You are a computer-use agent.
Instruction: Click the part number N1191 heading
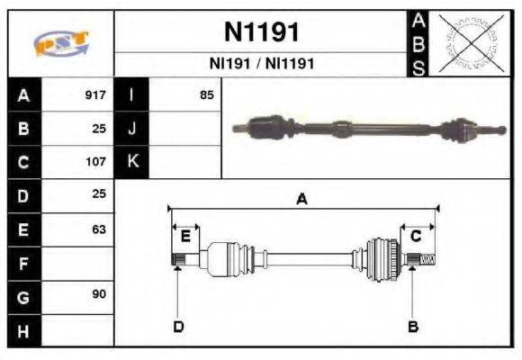[261, 32]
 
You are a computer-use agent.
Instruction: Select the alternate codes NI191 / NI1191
[261, 64]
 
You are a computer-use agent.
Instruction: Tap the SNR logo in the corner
[60, 43]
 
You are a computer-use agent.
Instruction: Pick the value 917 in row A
[94, 94]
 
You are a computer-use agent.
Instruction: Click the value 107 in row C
[94, 163]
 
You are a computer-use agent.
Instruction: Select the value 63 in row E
[98, 229]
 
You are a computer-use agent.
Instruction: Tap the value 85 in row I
[206, 94]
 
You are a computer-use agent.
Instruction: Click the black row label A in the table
[23, 95]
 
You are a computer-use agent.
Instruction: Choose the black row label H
[23, 332]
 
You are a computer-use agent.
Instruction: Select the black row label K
[132, 163]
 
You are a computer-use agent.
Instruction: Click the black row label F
[23, 264]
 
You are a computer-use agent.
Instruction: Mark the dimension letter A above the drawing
[301, 200]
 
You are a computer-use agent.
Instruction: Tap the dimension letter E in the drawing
[184, 236]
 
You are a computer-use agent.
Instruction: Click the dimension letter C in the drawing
[416, 236]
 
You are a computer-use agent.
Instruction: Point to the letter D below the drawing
[177, 326]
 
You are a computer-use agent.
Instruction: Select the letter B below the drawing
[413, 326]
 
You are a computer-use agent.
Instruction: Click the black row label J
[132, 129]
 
